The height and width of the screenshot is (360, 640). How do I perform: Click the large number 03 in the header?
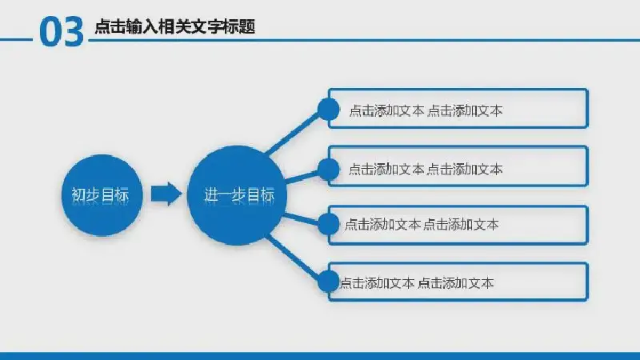click(62, 32)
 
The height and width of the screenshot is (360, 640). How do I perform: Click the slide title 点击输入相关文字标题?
click(175, 26)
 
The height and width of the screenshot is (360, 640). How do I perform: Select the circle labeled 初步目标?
click(102, 195)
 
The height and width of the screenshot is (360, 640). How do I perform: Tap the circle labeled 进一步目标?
click(237, 195)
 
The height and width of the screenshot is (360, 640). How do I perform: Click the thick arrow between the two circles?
click(166, 194)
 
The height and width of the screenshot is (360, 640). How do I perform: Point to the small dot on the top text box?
click(328, 110)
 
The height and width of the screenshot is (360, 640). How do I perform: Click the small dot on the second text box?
click(328, 169)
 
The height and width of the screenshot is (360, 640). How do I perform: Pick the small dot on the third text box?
click(328, 224)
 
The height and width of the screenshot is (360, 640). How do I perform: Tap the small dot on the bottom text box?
click(328, 282)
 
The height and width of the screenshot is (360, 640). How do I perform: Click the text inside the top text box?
click(426, 110)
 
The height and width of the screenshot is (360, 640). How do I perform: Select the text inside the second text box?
click(426, 169)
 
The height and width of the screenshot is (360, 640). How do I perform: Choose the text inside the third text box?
click(422, 224)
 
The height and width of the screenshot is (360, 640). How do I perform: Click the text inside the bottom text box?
click(417, 282)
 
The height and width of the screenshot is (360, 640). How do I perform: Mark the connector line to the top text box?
click(293, 133)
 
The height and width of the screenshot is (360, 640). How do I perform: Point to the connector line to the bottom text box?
click(293, 258)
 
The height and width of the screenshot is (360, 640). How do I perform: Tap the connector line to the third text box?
click(302, 218)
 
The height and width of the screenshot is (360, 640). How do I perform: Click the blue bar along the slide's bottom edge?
click(320, 356)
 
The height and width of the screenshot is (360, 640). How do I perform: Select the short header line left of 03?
click(16, 39)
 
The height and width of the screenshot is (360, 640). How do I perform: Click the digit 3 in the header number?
click(74, 32)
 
